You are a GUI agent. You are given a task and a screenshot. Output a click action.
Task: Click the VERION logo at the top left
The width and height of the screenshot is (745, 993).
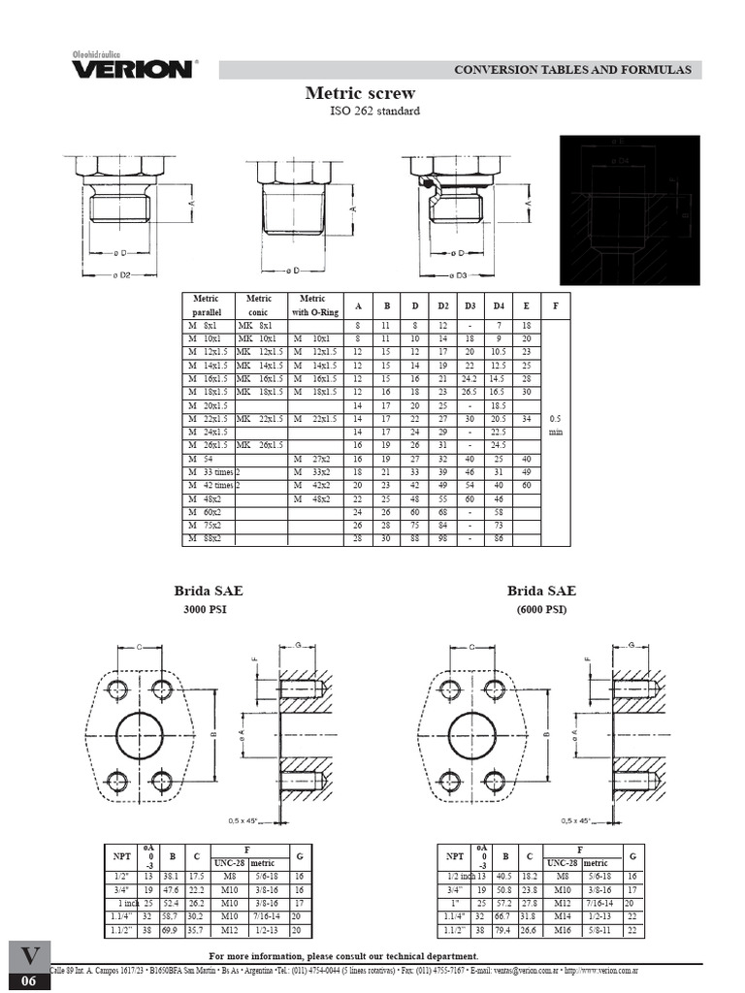[132, 67]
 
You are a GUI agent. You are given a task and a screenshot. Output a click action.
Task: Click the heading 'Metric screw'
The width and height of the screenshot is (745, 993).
[360, 93]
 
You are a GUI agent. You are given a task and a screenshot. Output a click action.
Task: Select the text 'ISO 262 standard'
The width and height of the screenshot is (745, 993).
[374, 112]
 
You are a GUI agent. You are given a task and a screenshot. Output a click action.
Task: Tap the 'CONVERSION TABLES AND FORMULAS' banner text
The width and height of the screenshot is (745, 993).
[572, 70]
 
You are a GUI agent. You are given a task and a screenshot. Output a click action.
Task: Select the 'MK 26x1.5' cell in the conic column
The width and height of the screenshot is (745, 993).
[260, 444]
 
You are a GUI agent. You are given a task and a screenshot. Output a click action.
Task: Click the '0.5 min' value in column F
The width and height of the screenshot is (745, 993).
[555, 425]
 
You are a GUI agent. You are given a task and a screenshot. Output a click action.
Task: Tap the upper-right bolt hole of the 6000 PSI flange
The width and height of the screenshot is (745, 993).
[495, 690]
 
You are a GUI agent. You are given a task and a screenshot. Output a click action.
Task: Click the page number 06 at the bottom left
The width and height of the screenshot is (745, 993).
[30, 981]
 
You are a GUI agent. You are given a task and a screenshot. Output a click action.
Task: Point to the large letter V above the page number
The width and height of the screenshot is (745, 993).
[30, 956]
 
